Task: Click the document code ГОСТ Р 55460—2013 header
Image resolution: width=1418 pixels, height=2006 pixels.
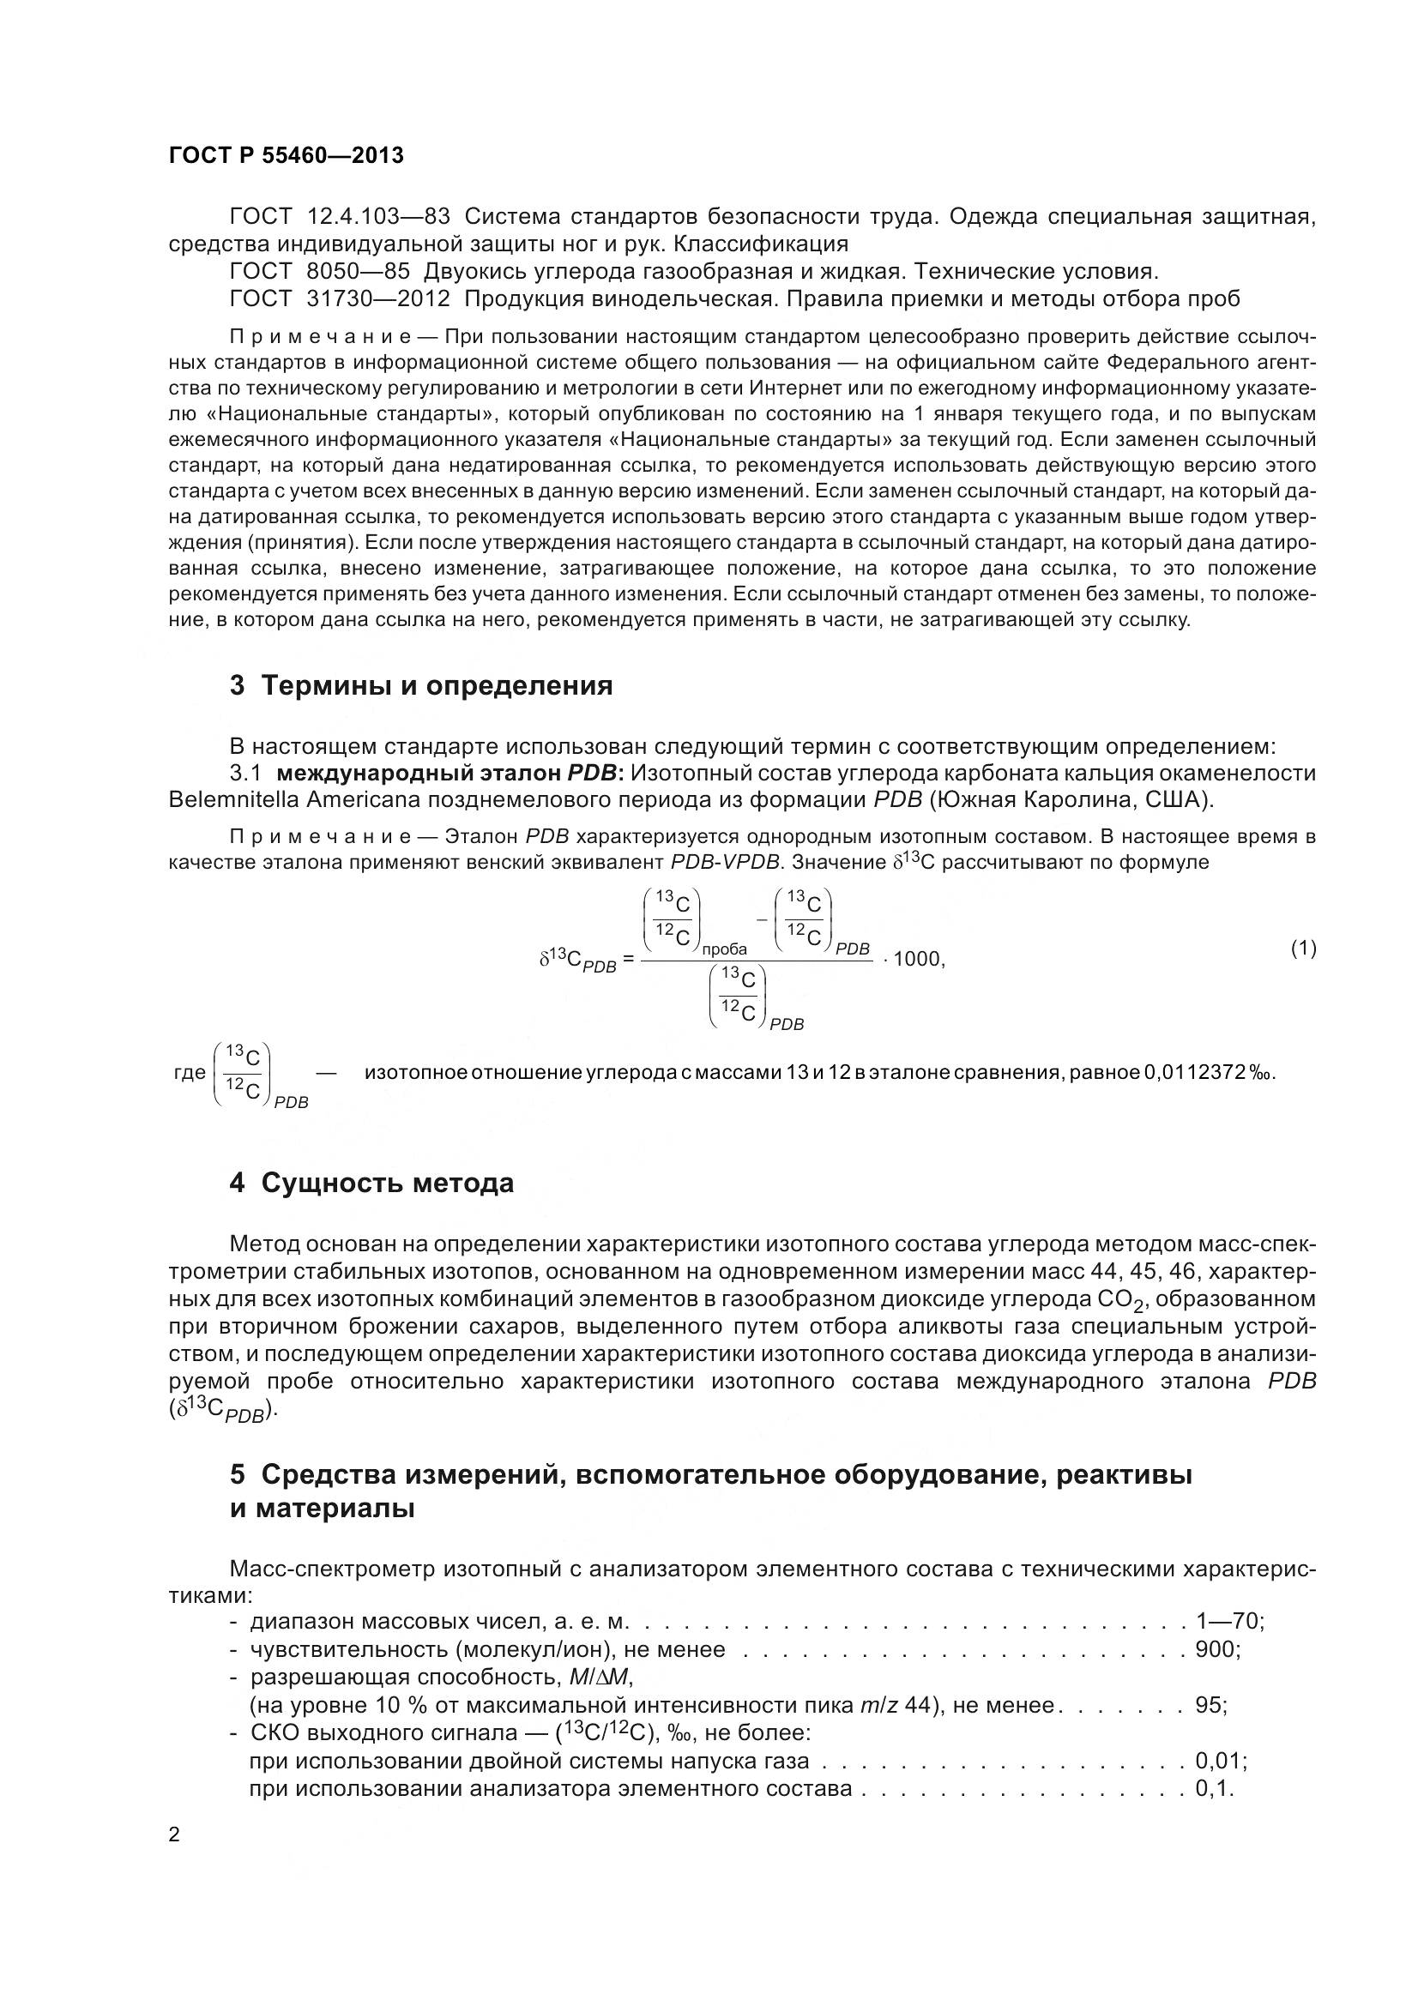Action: [286, 155]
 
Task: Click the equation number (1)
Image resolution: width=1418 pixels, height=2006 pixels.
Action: [1303, 948]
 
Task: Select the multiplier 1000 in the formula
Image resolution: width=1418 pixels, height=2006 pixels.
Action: [916, 960]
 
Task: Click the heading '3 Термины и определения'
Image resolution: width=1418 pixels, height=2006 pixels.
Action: [420, 686]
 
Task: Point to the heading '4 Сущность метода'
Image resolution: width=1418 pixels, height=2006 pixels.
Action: [371, 1183]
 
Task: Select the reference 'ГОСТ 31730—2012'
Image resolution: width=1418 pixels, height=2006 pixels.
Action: [340, 298]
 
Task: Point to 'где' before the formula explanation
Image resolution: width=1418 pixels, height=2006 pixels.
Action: [190, 1073]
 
